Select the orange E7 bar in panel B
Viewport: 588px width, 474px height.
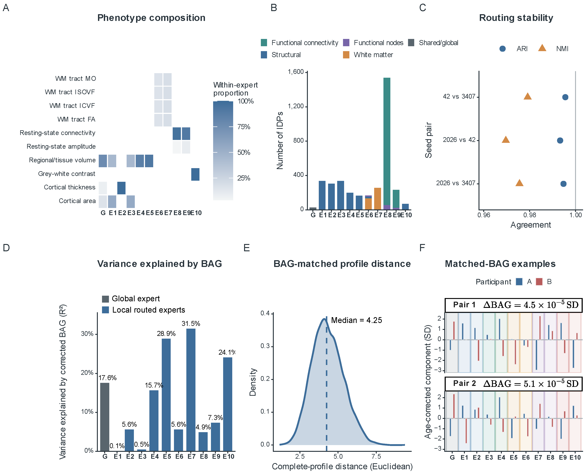(x=377, y=199)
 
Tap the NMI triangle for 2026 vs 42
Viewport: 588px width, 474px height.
(x=506, y=140)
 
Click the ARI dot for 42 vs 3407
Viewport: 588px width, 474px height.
(x=565, y=97)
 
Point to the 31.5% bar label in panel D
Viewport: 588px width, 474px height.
(x=191, y=324)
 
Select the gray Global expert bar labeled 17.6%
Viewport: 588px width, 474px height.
(x=105, y=417)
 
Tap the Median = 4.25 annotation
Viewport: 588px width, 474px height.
(x=356, y=320)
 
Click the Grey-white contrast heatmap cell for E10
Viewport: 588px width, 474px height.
(x=195, y=174)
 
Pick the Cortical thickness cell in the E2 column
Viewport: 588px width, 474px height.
(x=121, y=188)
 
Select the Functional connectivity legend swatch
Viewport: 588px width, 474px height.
(x=264, y=43)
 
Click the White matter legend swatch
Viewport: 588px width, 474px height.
(x=346, y=55)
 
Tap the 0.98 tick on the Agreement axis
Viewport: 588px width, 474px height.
(x=530, y=215)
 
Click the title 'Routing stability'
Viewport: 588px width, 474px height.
(x=516, y=18)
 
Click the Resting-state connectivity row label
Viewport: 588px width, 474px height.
(x=57, y=133)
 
